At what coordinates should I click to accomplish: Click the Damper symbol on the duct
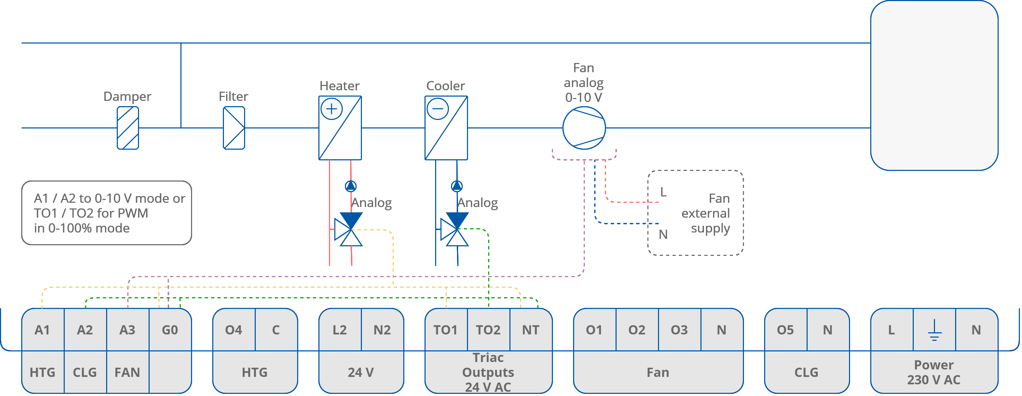pyautogui.click(x=128, y=128)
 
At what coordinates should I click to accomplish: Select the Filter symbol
pyautogui.click(x=234, y=128)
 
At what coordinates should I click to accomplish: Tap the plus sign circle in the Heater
pyautogui.click(x=331, y=109)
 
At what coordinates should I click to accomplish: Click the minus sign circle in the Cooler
pyautogui.click(x=437, y=109)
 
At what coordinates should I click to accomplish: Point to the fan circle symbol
pyautogui.click(x=584, y=128)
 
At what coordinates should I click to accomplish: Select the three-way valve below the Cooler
pyautogui.click(x=454, y=229)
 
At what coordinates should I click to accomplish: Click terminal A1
pyautogui.click(x=42, y=330)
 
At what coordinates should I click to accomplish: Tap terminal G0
pyautogui.click(x=170, y=330)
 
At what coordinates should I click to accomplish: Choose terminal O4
pyautogui.click(x=234, y=330)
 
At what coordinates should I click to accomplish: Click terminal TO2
pyautogui.click(x=488, y=330)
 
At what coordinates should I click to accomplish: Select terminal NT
pyautogui.click(x=530, y=330)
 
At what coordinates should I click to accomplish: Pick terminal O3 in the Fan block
pyautogui.click(x=679, y=330)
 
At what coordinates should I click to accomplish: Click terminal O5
pyautogui.click(x=785, y=330)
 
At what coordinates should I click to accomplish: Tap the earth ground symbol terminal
pyautogui.click(x=934, y=330)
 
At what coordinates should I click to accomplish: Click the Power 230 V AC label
pyautogui.click(x=934, y=372)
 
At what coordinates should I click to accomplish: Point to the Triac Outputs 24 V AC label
pyautogui.click(x=488, y=372)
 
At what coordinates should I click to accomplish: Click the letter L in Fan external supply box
pyautogui.click(x=663, y=192)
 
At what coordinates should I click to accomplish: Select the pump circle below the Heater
pyautogui.click(x=351, y=186)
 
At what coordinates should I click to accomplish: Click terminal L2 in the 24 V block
pyautogui.click(x=340, y=330)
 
